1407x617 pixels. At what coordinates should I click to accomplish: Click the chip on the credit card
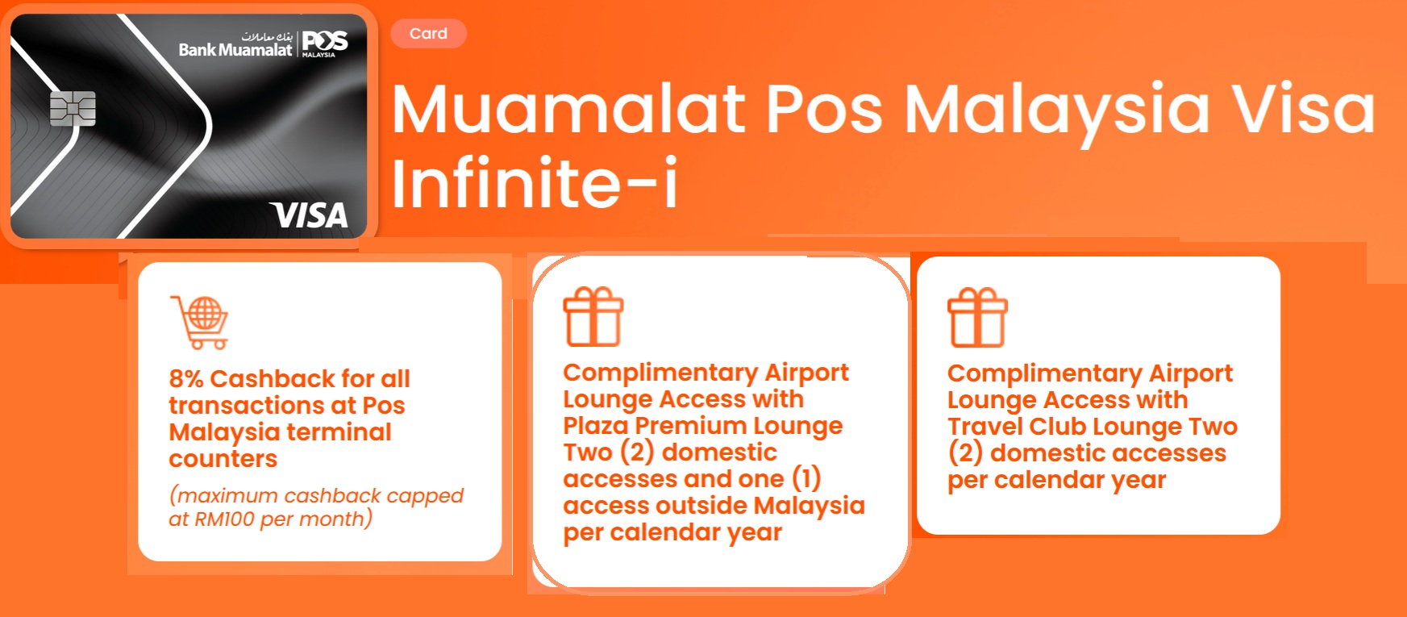pos(73,109)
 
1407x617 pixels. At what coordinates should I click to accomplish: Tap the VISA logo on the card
pos(310,215)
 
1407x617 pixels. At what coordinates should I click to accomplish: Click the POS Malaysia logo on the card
pos(325,43)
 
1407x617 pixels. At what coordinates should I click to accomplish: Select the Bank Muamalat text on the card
pos(235,50)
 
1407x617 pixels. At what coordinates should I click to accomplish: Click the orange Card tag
pos(428,34)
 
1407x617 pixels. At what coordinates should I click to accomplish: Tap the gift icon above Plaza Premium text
pos(593,317)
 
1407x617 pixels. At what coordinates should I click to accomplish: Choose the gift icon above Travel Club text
pos(977,317)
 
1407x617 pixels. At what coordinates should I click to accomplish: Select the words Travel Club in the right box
pos(1017,426)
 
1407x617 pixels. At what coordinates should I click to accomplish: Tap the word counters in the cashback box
pos(223,459)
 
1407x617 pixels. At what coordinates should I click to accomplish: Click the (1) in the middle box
pos(806,478)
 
